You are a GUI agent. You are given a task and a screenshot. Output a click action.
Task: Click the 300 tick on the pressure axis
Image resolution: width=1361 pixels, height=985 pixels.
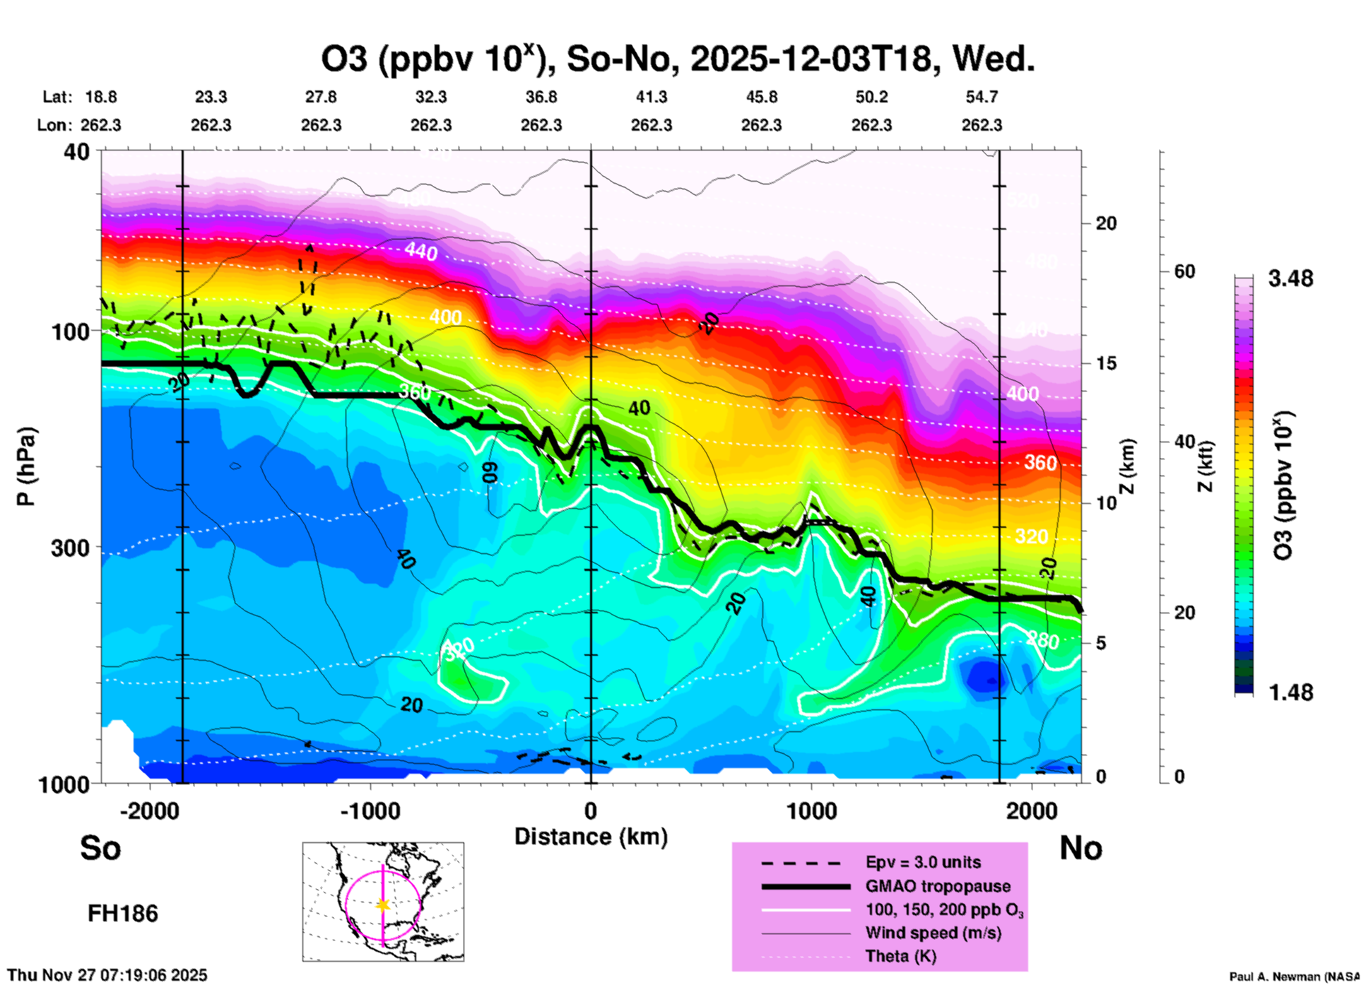70,548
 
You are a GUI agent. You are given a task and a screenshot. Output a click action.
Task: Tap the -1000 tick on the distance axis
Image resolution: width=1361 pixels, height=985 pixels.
370,810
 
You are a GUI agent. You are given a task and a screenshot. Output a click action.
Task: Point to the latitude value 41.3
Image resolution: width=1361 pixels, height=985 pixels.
651,97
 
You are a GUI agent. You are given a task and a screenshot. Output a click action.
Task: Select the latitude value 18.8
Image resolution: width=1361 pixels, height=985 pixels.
101,97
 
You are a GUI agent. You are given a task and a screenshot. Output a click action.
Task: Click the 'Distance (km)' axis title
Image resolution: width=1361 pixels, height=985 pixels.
591,837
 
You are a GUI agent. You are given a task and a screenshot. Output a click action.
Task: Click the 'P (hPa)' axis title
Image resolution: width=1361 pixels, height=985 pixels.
26,466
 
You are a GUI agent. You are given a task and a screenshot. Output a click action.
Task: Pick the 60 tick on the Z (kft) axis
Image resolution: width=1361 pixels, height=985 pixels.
1184,271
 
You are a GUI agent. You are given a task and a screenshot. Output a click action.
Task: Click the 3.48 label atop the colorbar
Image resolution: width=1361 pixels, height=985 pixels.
1290,279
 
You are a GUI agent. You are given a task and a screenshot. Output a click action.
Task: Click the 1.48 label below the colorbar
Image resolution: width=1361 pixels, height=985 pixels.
1290,692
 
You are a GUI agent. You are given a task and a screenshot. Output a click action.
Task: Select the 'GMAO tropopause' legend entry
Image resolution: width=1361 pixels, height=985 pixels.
938,886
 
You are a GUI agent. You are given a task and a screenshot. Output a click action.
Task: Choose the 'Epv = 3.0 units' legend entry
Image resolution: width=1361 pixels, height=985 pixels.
923,862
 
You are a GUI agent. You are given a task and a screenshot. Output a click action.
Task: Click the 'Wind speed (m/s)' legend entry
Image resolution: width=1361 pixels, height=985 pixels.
933,933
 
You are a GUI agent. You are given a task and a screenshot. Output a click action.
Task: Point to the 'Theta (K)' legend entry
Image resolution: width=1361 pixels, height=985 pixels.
900,956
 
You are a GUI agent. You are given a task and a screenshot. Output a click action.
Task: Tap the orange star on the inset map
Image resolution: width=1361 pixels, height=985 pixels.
383,905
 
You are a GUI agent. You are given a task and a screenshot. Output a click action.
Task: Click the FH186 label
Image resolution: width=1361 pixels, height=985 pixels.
123,914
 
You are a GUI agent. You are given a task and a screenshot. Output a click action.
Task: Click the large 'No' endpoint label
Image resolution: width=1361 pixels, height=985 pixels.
1080,848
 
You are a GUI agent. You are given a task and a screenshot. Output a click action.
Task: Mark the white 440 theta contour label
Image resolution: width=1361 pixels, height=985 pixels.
420,251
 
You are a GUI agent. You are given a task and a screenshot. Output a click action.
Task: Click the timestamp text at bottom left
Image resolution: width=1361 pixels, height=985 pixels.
107,975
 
